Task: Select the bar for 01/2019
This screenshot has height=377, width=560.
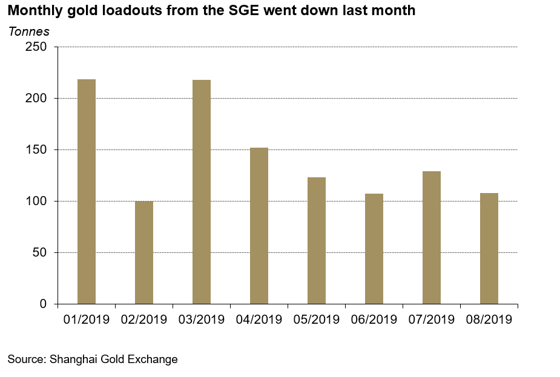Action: pos(87,191)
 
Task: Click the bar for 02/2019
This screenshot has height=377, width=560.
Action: pos(144,252)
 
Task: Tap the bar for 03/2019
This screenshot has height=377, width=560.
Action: pos(202,192)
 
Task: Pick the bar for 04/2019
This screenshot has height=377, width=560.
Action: pos(259,226)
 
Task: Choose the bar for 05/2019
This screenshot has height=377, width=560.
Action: pos(317,240)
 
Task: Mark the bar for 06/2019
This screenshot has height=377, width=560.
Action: pos(374,249)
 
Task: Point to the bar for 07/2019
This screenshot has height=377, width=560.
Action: pos(432,237)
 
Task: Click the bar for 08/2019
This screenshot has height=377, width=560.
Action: pos(489,248)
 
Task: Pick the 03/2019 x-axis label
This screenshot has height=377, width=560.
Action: pos(202,319)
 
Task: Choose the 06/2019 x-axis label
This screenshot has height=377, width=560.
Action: pos(374,319)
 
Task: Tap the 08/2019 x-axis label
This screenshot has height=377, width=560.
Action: pos(489,319)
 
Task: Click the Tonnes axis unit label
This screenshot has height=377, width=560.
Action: pos(28,31)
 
